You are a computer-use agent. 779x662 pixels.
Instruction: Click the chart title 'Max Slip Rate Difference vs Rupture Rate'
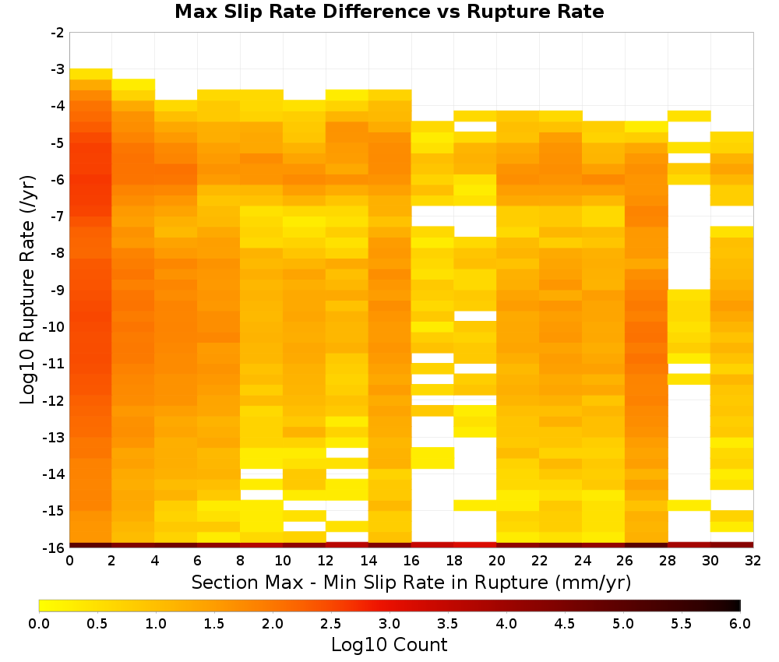pos(389,12)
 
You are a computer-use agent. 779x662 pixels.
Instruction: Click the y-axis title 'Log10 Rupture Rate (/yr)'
pos(28,290)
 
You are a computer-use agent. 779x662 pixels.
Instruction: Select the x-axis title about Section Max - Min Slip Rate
pos(411,582)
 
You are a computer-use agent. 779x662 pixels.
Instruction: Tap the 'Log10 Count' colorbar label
pos(389,645)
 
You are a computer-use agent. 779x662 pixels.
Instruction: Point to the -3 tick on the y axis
pos(58,69)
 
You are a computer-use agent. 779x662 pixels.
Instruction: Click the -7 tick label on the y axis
pos(58,216)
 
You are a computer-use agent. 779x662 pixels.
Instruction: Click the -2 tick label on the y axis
pos(58,33)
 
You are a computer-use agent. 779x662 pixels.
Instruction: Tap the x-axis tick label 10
pos(283,561)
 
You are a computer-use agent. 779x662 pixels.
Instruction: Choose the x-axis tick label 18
pos(454,561)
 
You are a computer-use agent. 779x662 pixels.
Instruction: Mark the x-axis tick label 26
pos(625,561)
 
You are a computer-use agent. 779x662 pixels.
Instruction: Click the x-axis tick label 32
pos(753,561)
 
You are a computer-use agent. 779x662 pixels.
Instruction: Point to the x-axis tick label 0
pos(69,561)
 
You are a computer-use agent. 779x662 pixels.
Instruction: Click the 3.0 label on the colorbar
pos(389,624)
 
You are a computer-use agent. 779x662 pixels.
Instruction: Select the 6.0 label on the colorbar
pos(740,624)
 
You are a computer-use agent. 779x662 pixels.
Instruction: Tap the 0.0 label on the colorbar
pos(39,624)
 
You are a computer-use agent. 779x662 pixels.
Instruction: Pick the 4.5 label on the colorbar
pos(564,624)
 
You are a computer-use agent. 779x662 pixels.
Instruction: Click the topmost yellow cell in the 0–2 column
pos(91,74)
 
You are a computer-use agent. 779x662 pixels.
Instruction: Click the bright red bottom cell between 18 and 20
pos(475,545)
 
